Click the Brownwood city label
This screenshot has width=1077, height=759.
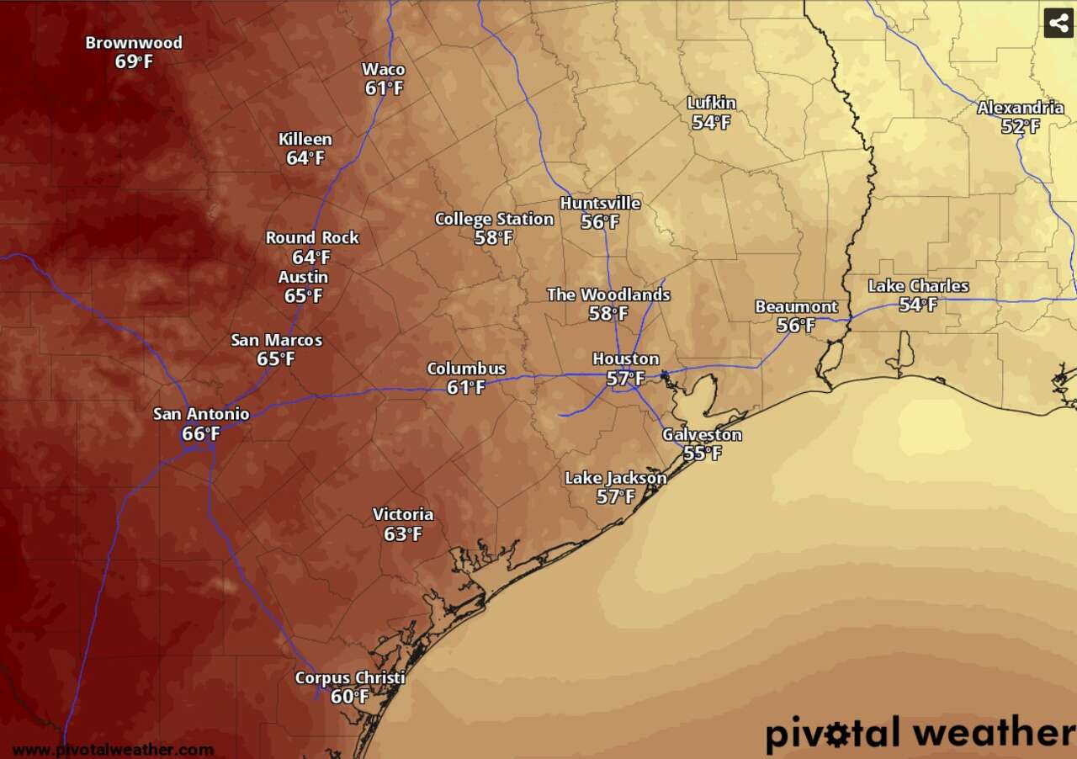click(x=134, y=43)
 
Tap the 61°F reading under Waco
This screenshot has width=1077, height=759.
click(x=384, y=88)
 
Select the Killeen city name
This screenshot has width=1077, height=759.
click(x=305, y=139)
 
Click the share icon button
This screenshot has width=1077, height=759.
click(x=1058, y=23)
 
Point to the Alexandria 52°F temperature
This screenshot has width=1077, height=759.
click(x=1020, y=127)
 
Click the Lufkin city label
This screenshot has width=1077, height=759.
click(x=711, y=103)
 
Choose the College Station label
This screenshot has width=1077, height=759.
click(x=494, y=220)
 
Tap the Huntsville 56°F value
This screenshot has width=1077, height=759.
click(x=600, y=222)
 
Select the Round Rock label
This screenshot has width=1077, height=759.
click(x=312, y=238)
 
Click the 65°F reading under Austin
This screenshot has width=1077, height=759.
click(x=304, y=296)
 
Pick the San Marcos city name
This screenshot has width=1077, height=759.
click(x=277, y=341)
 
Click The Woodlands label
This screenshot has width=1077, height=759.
click(x=608, y=295)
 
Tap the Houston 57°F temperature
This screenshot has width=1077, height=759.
click(x=625, y=379)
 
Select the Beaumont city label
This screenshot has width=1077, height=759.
click(x=796, y=306)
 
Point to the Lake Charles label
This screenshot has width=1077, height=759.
click(x=918, y=286)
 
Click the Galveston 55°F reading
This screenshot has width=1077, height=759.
click(x=702, y=454)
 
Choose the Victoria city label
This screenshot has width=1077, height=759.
click(x=403, y=514)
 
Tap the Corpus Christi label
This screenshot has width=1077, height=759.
click(x=350, y=678)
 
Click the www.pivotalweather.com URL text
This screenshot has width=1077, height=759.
click(x=113, y=750)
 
